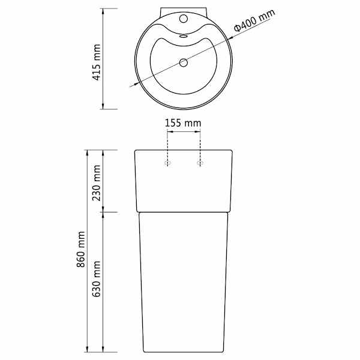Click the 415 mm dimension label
97,62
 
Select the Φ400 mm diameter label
254,20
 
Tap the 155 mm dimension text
183,123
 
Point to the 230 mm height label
97,183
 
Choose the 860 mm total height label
81,250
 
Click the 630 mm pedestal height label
97,279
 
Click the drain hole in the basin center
184,62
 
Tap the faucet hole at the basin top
184,19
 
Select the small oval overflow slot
183,36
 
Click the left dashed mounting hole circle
167,163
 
